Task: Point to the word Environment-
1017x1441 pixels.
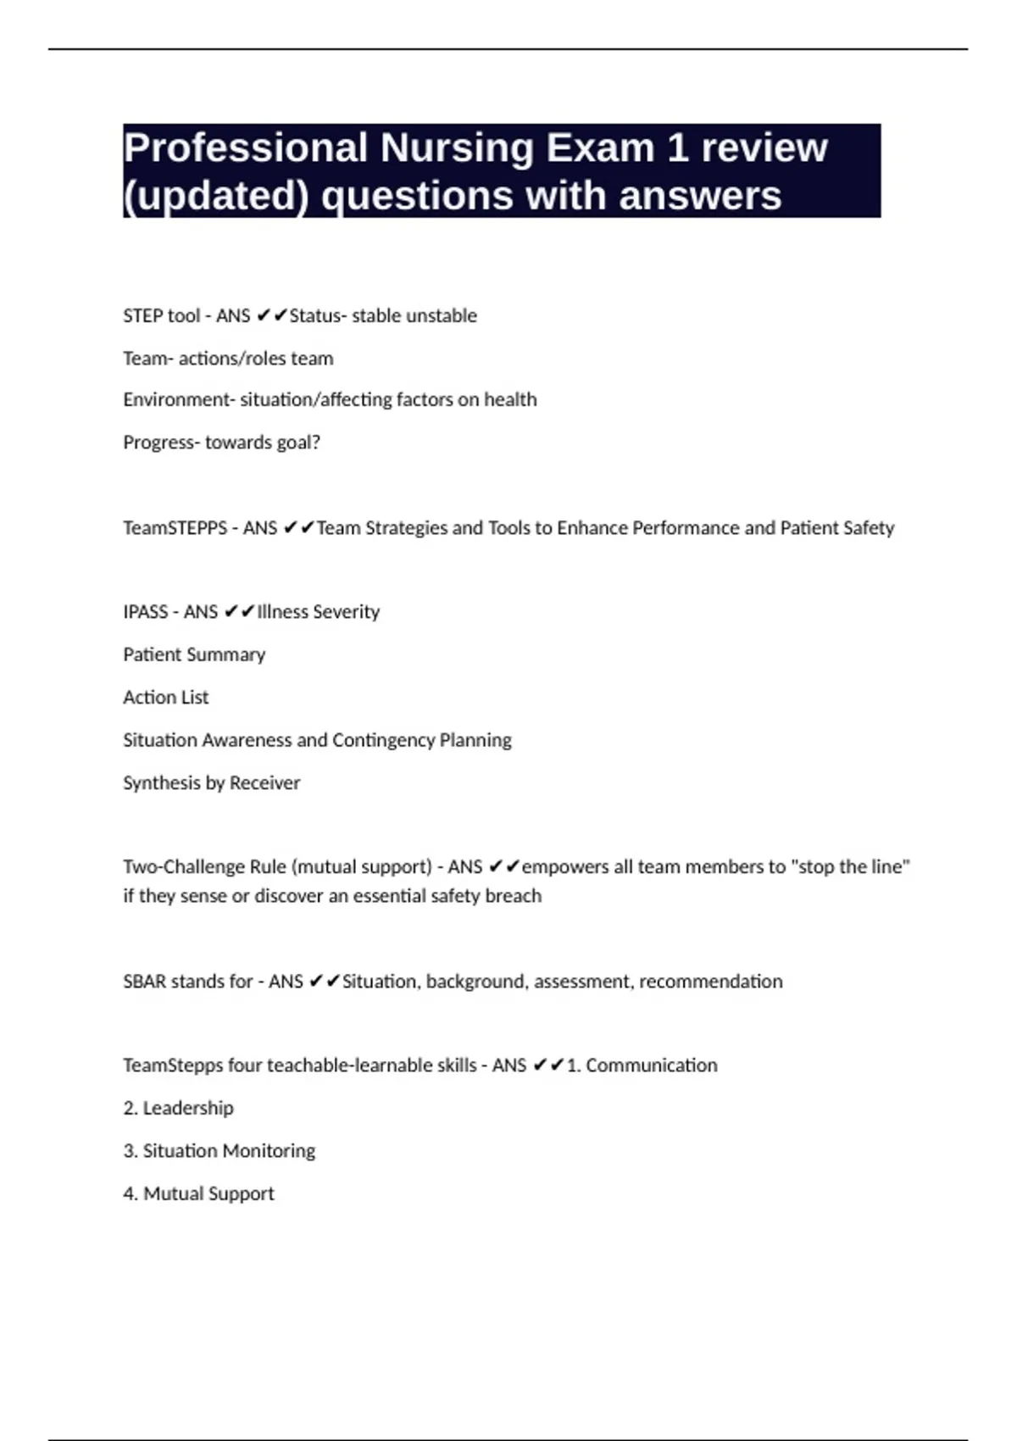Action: tap(179, 399)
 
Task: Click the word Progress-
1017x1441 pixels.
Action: tap(161, 442)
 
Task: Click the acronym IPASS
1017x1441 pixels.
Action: tap(146, 612)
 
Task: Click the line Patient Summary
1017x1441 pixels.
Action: tap(194, 654)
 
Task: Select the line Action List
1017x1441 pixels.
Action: tap(166, 698)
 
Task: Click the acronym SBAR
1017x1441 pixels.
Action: tap(144, 982)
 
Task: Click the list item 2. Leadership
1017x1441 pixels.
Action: tap(179, 1108)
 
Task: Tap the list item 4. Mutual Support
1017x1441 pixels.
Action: tap(199, 1193)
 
